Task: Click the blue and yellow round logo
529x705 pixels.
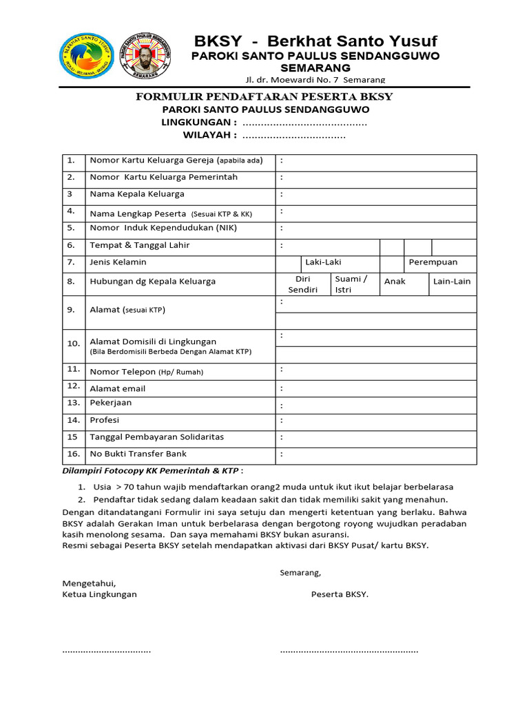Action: tap(89, 54)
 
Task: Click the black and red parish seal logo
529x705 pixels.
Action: tap(147, 54)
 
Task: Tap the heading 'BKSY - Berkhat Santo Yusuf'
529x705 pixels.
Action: tap(315, 41)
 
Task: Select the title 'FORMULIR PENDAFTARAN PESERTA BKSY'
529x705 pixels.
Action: tap(264, 96)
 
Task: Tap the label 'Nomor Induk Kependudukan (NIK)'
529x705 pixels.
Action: tap(163, 228)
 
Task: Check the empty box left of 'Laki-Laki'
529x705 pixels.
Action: tap(289, 262)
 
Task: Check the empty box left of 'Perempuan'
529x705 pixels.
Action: tap(392, 262)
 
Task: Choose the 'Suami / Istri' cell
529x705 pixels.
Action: tap(351, 284)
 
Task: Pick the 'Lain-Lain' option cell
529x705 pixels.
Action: tap(452, 282)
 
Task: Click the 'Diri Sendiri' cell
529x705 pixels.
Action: tap(303, 284)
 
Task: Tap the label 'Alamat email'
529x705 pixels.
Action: tap(118, 388)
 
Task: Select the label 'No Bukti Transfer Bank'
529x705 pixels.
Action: tap(138, 454)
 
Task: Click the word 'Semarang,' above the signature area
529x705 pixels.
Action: tap(300, 572)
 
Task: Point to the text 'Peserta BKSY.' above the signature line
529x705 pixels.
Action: tap(340, 594)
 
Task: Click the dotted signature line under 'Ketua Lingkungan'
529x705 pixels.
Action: tap(107, 651)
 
